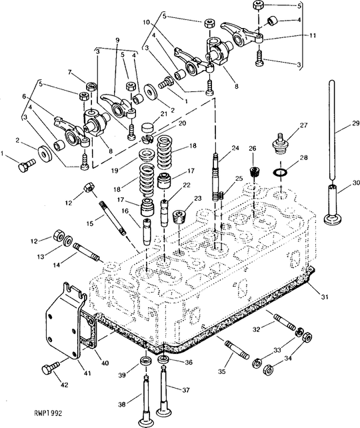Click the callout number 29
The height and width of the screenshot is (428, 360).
click(355, 123)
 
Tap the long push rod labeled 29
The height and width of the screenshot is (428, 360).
click(332, 131)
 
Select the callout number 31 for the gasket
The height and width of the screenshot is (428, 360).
click(324, 297)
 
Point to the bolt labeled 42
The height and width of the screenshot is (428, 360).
click(51, 368)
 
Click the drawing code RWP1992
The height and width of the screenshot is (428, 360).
click(48, 413)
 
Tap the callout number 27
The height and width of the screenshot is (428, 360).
click(303, 125)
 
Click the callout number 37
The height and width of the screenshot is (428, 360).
click(185, 390)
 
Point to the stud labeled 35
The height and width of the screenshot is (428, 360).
click(237, 349)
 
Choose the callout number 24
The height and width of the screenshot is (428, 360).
click(235, 148)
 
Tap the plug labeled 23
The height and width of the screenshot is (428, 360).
click(180, 216)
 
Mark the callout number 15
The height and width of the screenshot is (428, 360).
click(89, 223)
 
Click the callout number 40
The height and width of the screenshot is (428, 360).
click(105, 363)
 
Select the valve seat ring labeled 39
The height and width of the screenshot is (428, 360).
click(145, 361)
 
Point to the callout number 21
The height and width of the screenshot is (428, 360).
click(163, 114)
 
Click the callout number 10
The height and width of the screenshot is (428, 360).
click(146, 22)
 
